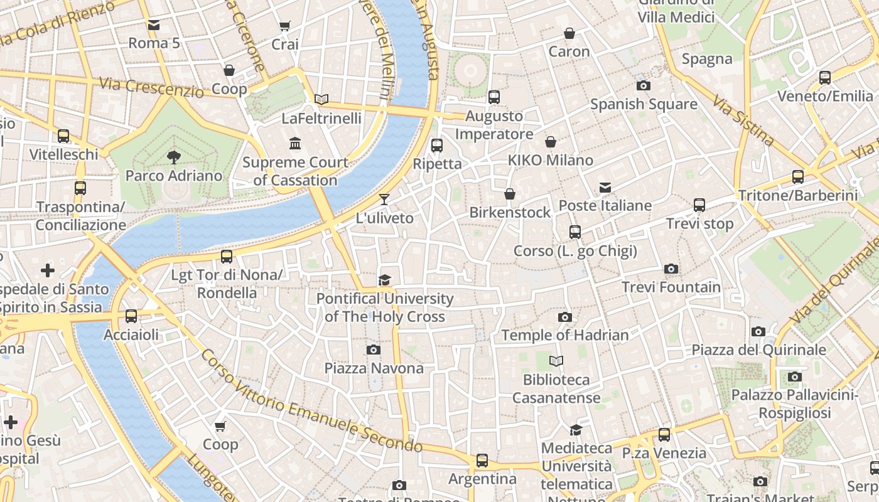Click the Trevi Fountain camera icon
coord(671,269)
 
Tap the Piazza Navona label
coord(374,368)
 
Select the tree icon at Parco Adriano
coord(174,158)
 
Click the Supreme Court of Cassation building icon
coord(295,144)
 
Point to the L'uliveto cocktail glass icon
coord(384,200)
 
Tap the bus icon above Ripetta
coord(437,146)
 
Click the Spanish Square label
coord(644,104)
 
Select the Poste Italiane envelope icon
coord(605,188)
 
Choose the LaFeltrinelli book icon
coord(321,99)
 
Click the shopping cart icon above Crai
coord(284,26)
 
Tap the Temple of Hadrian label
coord(564,335)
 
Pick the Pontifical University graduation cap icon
coord(384,280)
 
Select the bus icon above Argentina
coord(482,461)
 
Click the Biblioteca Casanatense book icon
coord(556,361)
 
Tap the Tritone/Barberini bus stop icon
coord(798,177)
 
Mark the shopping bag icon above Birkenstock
coord(510,194)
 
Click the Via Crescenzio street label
coord(151,87)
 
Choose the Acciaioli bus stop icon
coord(131,316)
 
